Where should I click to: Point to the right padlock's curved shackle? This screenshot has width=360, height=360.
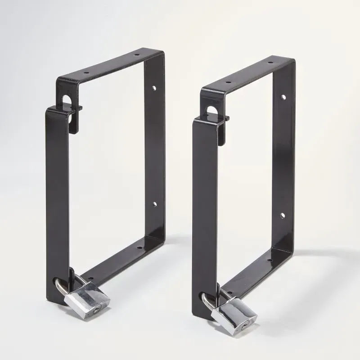pyautogui.click(x=208, y=299)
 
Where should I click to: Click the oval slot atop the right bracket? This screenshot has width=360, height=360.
pyautogui.click(x=211, y=110)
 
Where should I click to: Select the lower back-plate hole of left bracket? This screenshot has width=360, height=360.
pyautogui.click(x=154, y=204)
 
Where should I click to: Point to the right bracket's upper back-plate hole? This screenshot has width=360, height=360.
pyautogui.click(x=283, y=97)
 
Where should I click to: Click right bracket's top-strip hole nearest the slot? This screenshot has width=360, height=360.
pyautogui.click(x=228, y=82)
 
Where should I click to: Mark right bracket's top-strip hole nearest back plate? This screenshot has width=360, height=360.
pyautogui.click(x=271, y=62)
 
